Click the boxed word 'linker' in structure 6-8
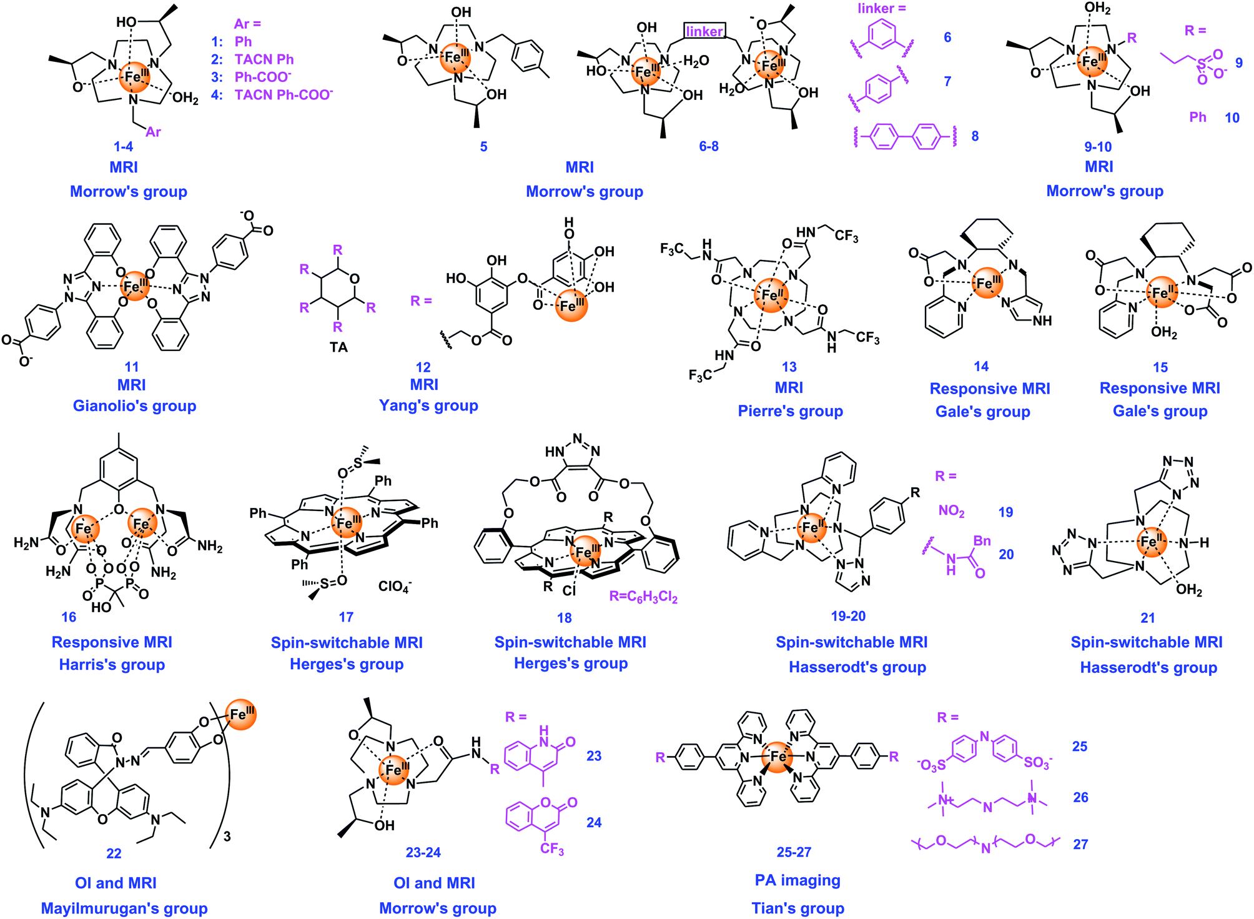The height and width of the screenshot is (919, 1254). pos(704,31)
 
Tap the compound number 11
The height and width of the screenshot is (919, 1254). pos(132,367)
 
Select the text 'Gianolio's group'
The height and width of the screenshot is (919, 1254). pos(134,406)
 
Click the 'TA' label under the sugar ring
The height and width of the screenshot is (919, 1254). pos(338,347)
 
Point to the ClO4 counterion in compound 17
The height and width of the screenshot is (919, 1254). pos(395,586)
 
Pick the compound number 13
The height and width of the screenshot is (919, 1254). pos(789,367)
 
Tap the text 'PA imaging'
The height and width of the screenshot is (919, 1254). pos(797,880)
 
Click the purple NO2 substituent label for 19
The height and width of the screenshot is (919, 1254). pos(951,511)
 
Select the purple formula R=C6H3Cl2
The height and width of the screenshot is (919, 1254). pos(643,597)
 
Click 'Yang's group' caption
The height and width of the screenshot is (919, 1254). pos(428,405)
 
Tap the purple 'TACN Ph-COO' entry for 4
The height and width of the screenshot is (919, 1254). pos(284,95)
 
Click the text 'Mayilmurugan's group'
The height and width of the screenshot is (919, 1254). pos(124,908)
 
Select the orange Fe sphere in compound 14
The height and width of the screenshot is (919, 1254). pos(987,282)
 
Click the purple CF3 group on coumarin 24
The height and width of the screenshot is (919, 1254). pos(552,849)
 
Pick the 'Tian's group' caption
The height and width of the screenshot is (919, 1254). pos(797,908)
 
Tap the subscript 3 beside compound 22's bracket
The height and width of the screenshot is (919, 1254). pos(227,837)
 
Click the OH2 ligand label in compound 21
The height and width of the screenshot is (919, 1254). pos(1189,590)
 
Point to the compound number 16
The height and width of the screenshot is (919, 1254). pos(69,617)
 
